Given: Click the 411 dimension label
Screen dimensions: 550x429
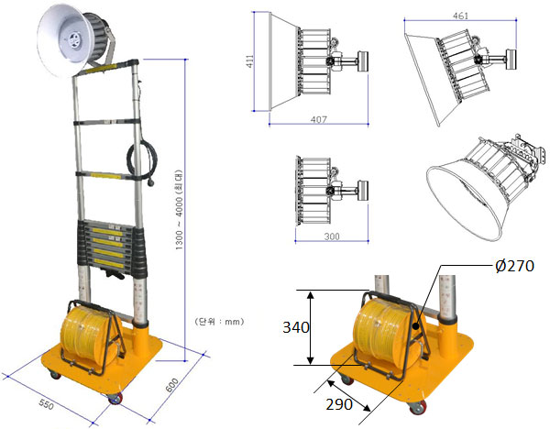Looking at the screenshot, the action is point(249,61).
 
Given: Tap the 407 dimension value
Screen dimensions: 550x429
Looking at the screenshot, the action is point(318,119).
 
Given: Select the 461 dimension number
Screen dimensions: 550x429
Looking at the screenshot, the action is point(460,16).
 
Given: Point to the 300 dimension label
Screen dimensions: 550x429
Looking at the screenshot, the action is point(332,236).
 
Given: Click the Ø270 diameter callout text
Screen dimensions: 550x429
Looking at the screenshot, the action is point(514,266).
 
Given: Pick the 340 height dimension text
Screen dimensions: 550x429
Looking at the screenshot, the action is point(296,327).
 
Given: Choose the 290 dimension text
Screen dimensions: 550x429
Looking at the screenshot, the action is point(339,404).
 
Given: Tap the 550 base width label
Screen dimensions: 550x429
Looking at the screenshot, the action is point(47,404).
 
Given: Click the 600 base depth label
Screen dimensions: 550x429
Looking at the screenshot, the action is point(172,385).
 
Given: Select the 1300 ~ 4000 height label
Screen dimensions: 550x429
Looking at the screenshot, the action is point(179,210).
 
